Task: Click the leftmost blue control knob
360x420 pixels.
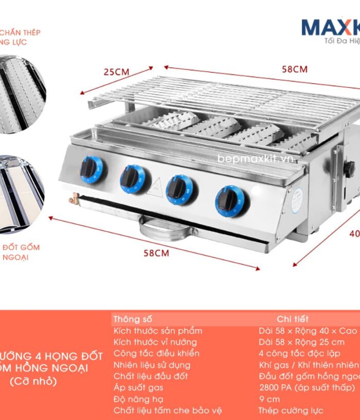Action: (x=91, y=169)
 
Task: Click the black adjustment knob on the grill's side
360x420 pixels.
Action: (x=350, y=167)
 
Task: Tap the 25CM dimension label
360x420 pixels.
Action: (x=116, y=71)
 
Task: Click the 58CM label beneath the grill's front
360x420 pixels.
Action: (x=156, y=253)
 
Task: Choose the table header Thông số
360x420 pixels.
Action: (x=133, y=319)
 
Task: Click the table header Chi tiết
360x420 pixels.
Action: (x=292, y=319)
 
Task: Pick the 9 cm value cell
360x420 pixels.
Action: (x=269, y=398)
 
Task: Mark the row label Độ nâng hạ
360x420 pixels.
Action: (x=136, y=398)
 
